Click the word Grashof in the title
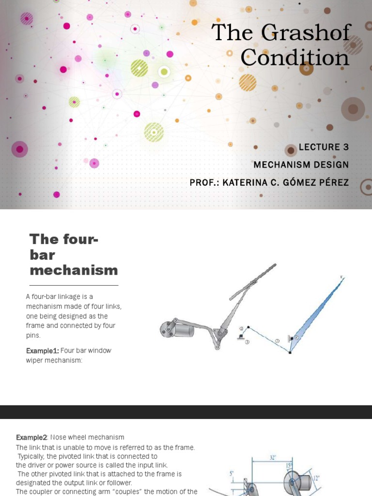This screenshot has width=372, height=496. coord(307,32)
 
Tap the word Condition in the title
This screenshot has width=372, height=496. coord(295,58)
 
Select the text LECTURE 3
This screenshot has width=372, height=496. coord(324,147)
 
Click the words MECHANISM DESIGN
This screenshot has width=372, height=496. coord(301,165)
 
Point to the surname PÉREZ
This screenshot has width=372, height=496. coord(330,182)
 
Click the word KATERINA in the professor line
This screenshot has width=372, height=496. coord(245,183)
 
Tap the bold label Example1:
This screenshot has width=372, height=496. coord(43,351)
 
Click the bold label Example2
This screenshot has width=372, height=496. coord(31,437)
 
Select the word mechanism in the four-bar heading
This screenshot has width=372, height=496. coord(74,270)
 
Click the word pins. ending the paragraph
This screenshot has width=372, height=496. coord(33,335)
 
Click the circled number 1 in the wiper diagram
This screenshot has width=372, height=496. coord(247,342)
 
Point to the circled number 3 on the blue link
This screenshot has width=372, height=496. coord(277,341)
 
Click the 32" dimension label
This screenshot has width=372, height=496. coord(273,458)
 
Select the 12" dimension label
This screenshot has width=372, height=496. coord(316,478)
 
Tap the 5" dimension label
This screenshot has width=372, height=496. coord(232,474)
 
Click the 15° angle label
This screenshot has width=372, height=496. coord(289,465)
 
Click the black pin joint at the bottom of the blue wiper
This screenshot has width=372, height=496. coord(290,353)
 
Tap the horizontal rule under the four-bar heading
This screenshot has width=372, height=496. coord(74,285)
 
